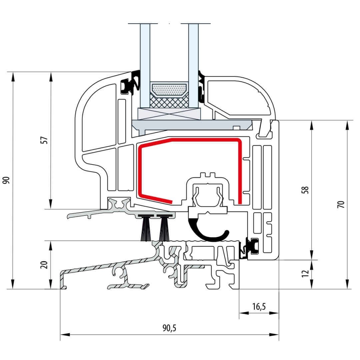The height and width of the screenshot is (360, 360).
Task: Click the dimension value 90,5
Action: point(169,328)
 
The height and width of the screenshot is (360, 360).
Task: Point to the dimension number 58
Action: point(306,190)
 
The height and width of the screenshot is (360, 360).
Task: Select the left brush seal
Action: point(145,228)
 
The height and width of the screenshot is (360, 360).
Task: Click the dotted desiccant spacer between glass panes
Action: point(169,90)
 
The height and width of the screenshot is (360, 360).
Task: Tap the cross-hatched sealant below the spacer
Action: point(169,102)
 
